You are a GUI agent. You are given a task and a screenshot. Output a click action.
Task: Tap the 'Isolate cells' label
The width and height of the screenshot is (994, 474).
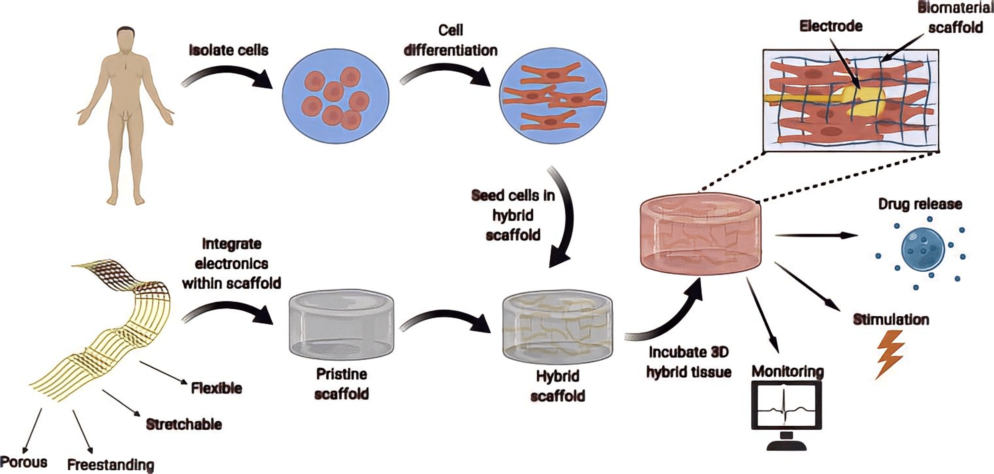[228, 50]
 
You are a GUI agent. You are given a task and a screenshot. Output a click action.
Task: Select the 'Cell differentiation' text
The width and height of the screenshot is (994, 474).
[450, 40]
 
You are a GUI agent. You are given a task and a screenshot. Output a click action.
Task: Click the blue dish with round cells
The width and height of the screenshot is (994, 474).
[336, 96]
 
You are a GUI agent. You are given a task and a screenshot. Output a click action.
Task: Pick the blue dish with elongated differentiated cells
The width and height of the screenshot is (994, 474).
[553, 96]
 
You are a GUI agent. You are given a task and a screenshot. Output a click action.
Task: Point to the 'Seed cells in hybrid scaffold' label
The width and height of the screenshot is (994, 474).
[513, 215]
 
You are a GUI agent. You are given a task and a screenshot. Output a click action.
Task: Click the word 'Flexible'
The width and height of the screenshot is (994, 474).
[216, 388]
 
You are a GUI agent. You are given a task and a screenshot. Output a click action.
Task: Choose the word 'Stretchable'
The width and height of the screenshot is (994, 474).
[184, 424]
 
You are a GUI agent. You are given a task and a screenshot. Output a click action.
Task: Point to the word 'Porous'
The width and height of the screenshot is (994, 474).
[24, 462]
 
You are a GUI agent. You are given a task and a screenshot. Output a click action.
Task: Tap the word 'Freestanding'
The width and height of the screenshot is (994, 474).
[111, 464]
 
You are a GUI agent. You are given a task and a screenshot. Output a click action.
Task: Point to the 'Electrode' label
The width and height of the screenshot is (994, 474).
[831, 26]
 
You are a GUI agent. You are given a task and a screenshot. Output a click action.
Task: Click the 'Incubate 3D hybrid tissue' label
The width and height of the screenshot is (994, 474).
[689, 362]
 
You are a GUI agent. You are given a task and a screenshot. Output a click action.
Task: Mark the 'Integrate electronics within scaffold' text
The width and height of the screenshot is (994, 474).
[232, 264]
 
